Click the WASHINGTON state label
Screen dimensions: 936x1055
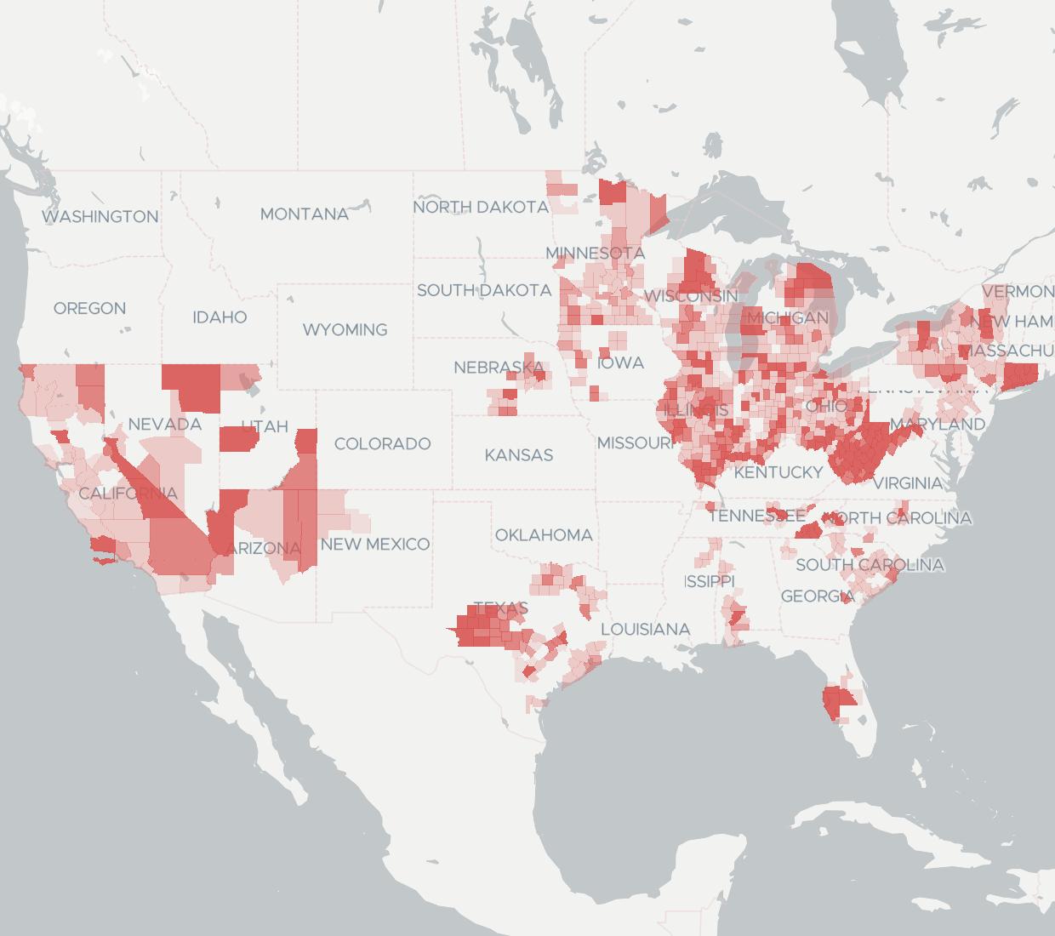(100, 217)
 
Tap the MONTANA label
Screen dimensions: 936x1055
(304, 214)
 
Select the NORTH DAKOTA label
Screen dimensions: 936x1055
(481, 207)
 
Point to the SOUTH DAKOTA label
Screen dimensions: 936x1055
(484, 290)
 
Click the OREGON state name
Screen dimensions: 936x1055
(89, 308)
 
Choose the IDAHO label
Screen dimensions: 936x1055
(220, 317)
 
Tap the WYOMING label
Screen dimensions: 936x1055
(345, 329)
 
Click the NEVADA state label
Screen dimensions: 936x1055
(165, 424)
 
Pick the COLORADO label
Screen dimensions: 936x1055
(382, 443)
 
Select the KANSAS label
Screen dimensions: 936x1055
(519, 455)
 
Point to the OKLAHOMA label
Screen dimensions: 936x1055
(544, 535)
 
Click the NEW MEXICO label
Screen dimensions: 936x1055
(375, 544)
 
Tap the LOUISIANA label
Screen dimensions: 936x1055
(645, 630)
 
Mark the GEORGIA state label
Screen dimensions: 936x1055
(817, 596)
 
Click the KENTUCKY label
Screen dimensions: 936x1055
(778, 471)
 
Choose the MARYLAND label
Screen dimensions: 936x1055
(938, 423)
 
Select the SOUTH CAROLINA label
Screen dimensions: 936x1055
(870, 565)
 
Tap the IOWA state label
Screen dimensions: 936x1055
(620, 363)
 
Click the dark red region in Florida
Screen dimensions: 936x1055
(837, 702)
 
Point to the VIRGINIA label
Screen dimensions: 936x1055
(907, 483)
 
